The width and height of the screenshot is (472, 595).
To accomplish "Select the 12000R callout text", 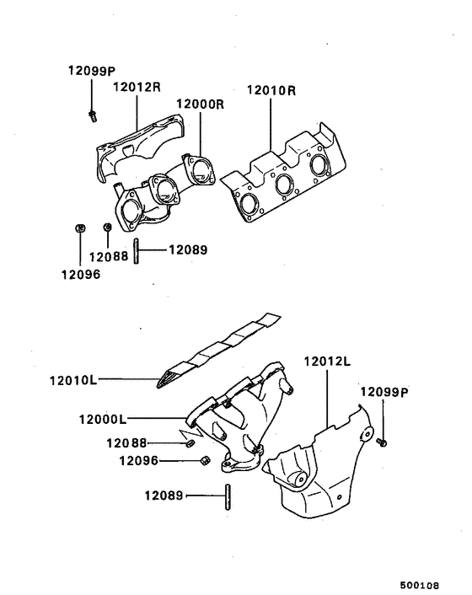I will (200, 105).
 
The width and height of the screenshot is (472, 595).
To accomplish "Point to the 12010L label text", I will (72, 380).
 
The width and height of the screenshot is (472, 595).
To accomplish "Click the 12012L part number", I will (327, 362).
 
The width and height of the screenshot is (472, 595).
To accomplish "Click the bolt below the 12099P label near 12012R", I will (91, 115).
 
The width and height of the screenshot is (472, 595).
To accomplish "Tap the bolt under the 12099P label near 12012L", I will (382, 439).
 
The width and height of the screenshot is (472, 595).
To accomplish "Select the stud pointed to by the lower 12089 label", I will (227, 496).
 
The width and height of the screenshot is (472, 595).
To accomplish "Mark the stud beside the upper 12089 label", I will (135, 250).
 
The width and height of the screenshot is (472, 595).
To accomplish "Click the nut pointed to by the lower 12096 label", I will (204, 460).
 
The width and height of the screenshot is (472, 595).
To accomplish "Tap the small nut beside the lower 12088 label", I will (190, 443).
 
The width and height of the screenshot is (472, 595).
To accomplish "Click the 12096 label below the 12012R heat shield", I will (80, 273).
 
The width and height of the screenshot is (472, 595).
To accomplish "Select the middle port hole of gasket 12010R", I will (283, 185).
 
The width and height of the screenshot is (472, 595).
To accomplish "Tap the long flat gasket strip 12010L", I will (219, 350).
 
